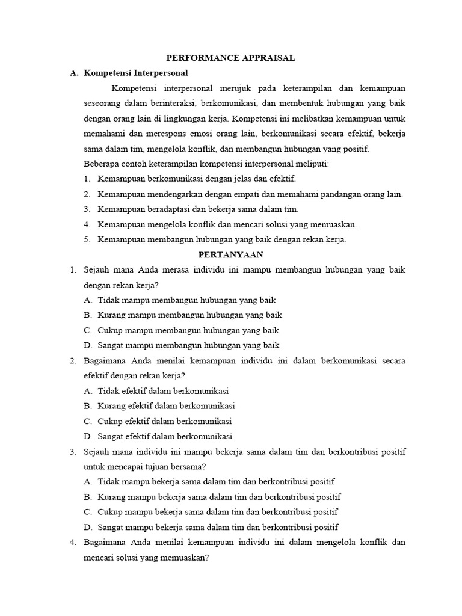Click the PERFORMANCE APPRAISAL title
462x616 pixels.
[x=231, y=58]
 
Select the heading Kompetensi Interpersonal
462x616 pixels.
[x=136, y=73]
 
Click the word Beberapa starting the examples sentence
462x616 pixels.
[x=102, y=164]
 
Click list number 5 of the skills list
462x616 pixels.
[x=87, y=239]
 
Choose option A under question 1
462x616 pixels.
[x=88, y=300]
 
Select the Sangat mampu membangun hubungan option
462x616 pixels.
[x=188, y=345]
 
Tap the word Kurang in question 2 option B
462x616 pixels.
[x=112, y=405]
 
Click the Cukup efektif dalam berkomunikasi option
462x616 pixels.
[x=164, y=421]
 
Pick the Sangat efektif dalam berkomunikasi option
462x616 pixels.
[x=165, y=436]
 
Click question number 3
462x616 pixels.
[x=72, y=451]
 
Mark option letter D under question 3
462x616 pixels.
[x=88, y=527]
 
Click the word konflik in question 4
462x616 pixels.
[x=369, y=542]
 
